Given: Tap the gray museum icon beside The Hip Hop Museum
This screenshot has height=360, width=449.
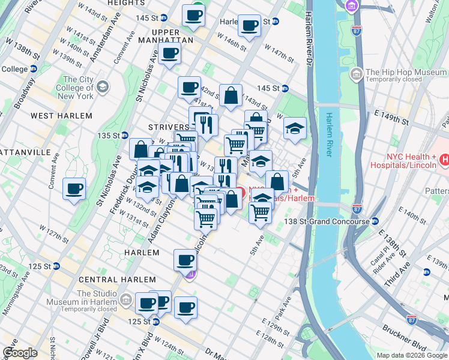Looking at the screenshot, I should click(x=357, y=74).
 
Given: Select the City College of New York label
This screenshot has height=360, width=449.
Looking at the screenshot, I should click(x=78, y=88).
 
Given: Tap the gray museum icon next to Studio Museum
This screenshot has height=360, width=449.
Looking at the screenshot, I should click(x=126, y=299).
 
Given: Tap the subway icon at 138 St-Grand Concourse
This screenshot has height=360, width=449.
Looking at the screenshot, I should click(x=375, y=221).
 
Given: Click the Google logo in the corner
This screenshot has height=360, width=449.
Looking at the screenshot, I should click(x=20, y=353).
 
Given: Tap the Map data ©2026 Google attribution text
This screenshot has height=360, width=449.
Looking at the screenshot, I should click(x=412, y=355).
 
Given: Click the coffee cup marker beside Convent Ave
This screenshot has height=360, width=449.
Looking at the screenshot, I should click(x=74, y=190).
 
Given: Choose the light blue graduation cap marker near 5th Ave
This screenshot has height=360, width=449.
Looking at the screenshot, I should click(x=295, y=128).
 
